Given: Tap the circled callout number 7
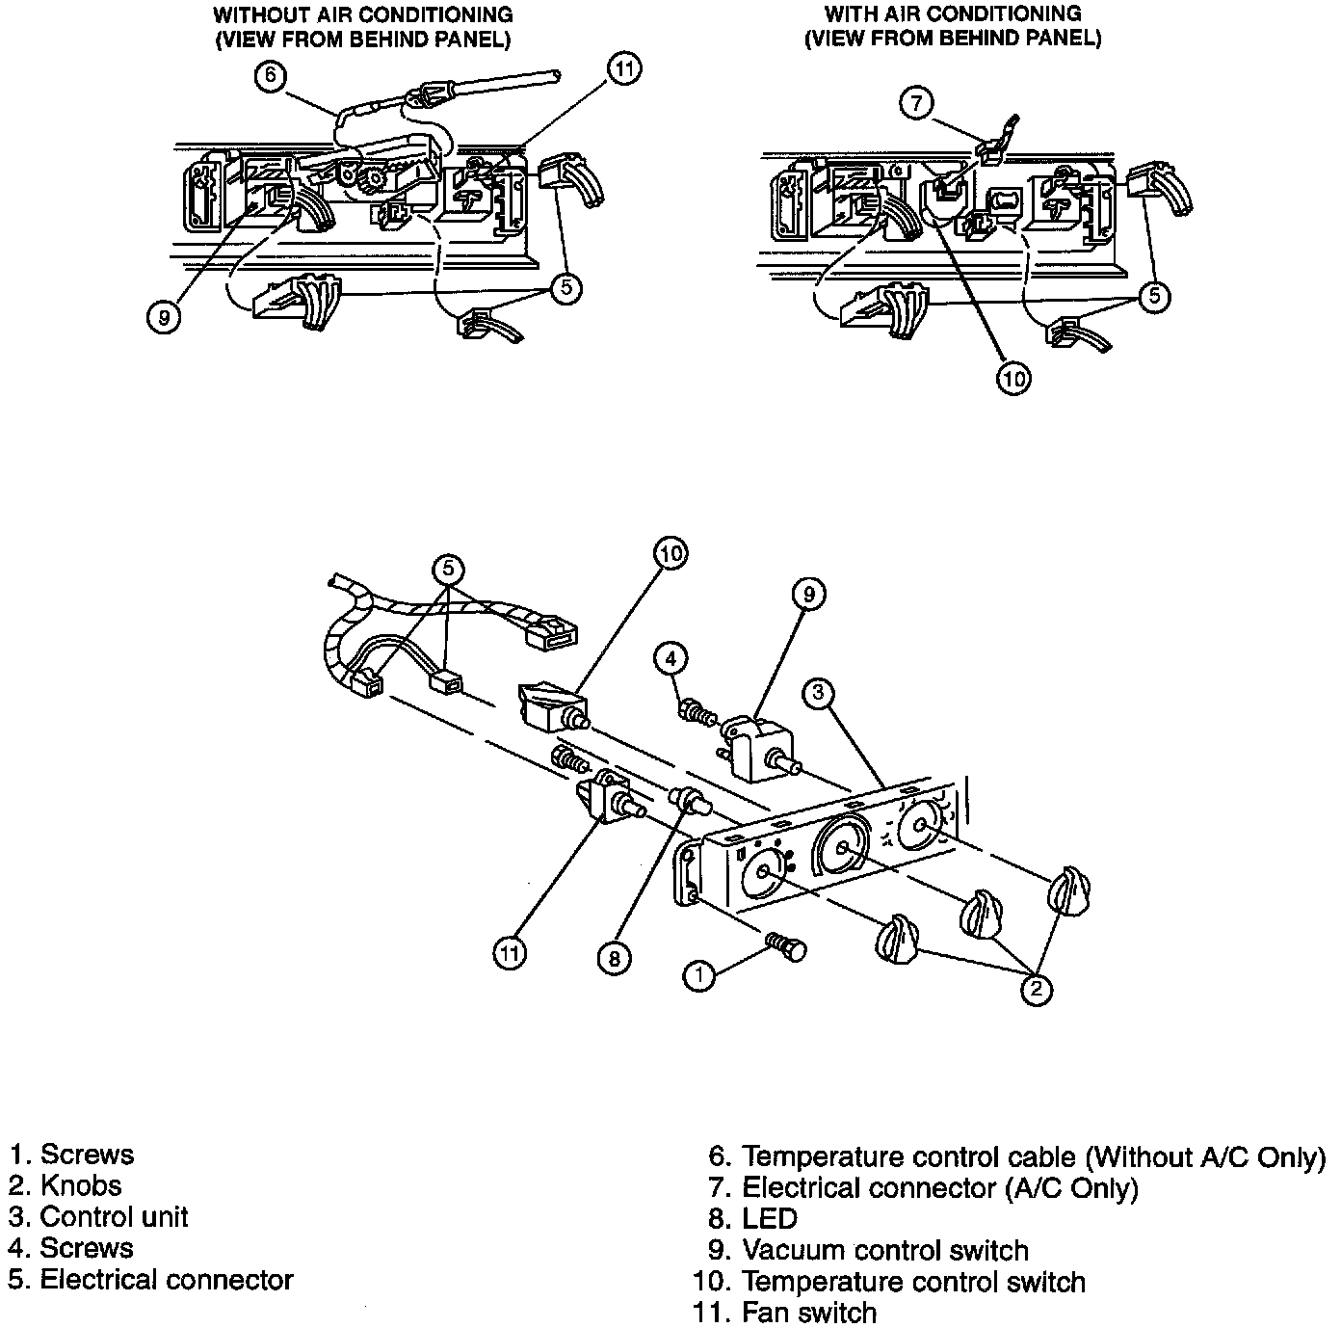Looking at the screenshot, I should coord(917,100).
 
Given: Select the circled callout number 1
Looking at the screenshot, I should coord(699,975).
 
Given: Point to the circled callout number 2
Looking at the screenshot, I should coord(1036,989).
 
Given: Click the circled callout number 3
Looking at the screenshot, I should coord(817,692).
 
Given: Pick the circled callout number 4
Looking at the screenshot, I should coord(671,659).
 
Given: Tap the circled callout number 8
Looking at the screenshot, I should coord(614,958).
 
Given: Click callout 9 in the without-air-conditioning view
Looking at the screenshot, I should coord(165,316).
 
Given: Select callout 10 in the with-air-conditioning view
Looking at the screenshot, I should coord(1013,379).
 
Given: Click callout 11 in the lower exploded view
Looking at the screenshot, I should coord(511,952).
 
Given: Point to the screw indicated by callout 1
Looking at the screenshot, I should coord(787,945).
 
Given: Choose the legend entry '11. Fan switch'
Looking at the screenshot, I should coord(784,1313).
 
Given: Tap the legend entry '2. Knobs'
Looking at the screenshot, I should coord(66,1185).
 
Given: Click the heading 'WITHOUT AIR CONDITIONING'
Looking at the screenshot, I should coord(362,15).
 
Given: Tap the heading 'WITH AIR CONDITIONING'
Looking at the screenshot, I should coord(953,14).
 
